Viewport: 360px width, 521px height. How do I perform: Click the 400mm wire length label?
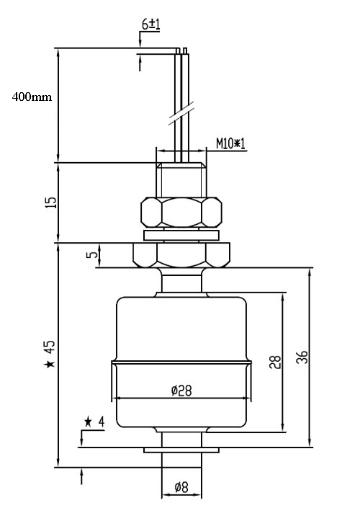coord(32,97)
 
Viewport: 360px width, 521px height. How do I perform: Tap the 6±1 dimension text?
coord(150,25)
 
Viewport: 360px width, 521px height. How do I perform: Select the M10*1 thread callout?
coord(230,144)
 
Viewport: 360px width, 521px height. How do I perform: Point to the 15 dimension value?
coord(51,202)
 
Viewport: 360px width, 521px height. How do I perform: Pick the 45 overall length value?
coord(50,347)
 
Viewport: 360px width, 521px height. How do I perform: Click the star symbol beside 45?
coord(50,364)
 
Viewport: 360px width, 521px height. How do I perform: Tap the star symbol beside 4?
coord(88,422)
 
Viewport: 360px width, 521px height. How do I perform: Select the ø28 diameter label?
coord(181,391)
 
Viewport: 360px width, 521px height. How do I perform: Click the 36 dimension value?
coord(302,357)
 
